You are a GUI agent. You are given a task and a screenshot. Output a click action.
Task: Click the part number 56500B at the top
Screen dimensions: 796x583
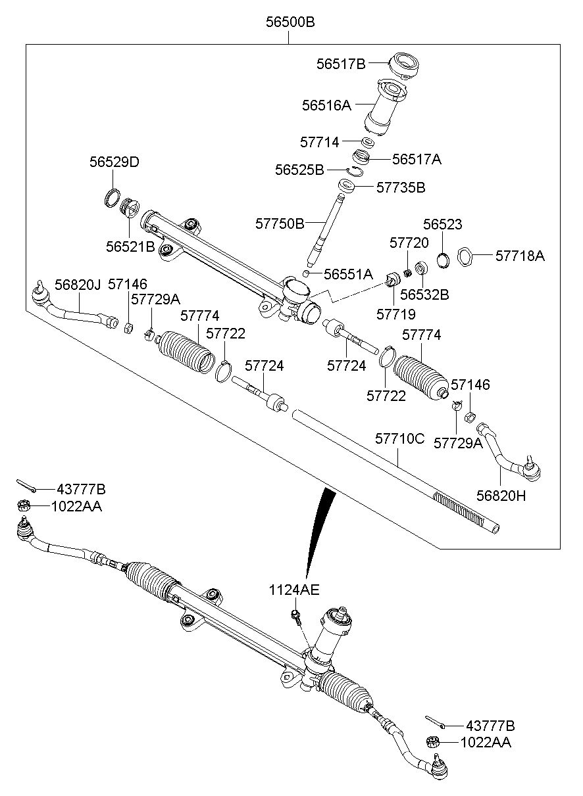coord(290,22)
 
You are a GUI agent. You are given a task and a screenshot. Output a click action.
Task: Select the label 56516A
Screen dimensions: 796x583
coord(326,105)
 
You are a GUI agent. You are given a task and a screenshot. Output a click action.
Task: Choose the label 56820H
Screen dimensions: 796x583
coord(501,496)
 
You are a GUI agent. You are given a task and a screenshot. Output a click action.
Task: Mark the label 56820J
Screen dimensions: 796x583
coord(77,284)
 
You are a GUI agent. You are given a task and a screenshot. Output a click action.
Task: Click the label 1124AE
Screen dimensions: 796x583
coord(294,590)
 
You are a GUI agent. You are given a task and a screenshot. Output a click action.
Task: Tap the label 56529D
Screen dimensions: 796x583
coord(114,162)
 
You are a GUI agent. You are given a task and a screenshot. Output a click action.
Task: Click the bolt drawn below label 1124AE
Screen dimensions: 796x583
coord(295,617)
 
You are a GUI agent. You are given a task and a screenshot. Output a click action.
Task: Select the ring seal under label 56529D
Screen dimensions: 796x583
coord(113,197)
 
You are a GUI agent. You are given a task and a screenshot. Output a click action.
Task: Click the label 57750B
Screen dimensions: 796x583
coord(280,223)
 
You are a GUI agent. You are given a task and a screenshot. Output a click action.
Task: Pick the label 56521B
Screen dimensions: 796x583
coord(130,246)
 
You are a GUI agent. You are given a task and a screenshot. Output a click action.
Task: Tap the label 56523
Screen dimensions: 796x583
coord(442,225)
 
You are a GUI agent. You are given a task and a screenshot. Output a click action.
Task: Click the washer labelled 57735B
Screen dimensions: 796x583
coord(347,186)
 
